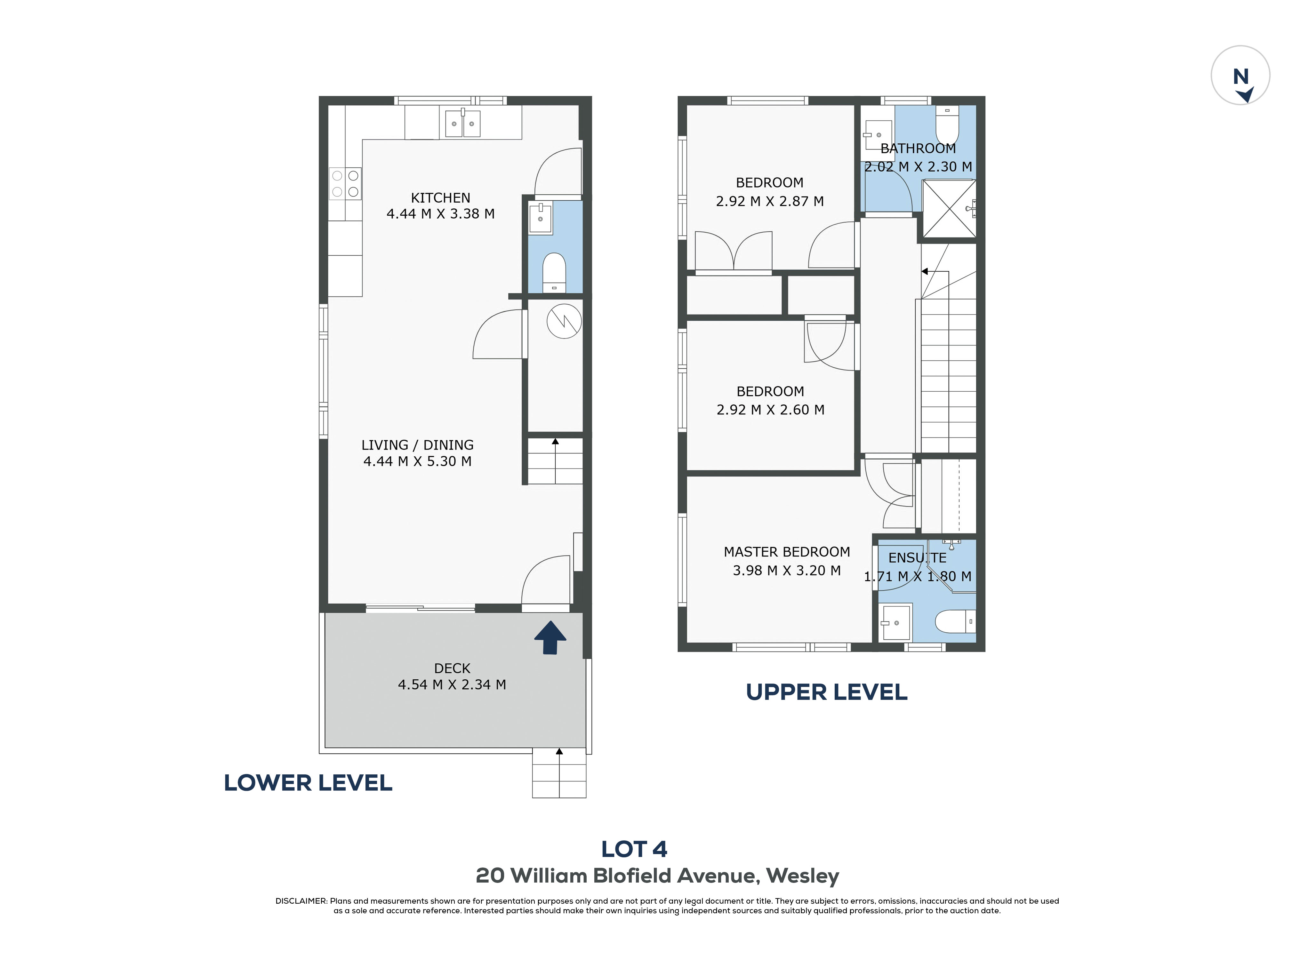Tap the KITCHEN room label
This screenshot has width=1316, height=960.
[440, 197]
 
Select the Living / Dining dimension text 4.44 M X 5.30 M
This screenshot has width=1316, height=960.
[417, 461]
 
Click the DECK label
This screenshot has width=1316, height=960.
[452, 668]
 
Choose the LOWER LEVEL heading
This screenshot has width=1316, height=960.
[308, 783]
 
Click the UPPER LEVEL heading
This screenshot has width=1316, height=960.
[826, 692]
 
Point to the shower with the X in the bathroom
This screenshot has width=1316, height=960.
[949, 209]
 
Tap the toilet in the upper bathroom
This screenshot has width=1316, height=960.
[947, 124]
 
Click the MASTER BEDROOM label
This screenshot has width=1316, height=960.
[787, 552]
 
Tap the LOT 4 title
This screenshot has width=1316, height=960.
[634, 849]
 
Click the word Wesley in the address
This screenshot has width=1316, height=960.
[802, 875]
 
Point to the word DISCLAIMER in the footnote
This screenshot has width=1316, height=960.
[301, 901]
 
